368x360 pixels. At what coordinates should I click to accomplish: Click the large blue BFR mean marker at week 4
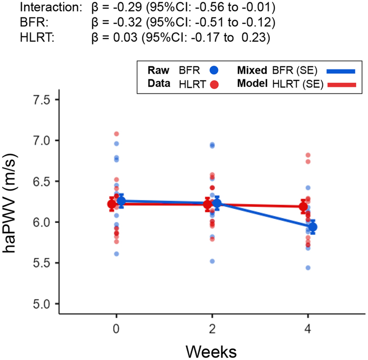313,227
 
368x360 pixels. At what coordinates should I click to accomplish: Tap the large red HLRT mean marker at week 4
303,206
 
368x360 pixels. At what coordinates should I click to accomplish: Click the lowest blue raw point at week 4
308,268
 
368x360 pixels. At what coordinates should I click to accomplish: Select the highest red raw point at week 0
116,134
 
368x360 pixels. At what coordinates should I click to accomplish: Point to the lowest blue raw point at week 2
212,261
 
